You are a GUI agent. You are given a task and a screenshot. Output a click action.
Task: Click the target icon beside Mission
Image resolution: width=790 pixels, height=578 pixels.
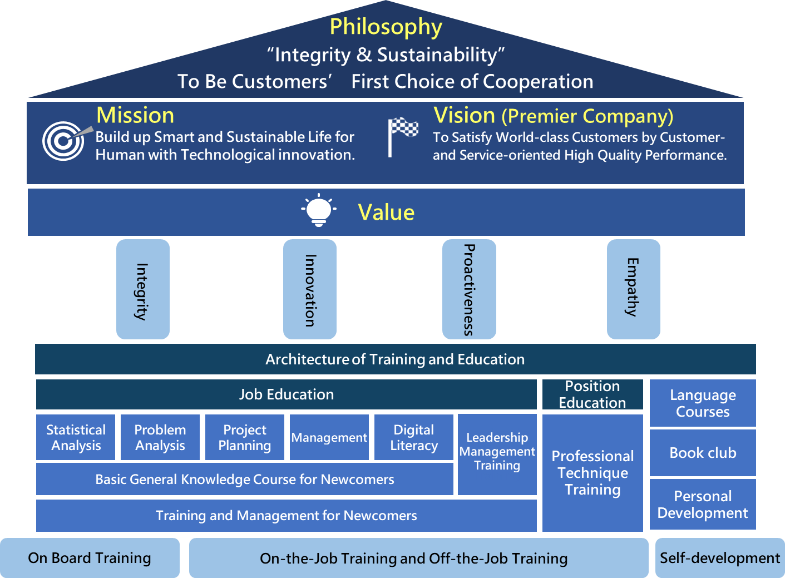63,141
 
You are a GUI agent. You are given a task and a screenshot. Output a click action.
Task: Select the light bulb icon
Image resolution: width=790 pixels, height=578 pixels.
319,210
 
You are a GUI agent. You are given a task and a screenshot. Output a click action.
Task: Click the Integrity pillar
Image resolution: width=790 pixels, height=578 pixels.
142,289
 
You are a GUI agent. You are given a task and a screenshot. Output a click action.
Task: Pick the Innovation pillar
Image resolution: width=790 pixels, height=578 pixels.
309,289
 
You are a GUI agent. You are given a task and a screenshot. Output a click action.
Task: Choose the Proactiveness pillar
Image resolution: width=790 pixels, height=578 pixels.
469,289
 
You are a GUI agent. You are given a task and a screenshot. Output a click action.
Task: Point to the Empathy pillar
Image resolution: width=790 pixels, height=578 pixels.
633,289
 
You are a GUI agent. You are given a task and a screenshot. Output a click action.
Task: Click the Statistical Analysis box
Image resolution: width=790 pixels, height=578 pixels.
76,437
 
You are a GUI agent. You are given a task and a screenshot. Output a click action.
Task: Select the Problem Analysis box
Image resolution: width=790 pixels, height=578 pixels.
160,437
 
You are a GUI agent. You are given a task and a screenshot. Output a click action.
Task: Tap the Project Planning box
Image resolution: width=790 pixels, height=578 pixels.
245,437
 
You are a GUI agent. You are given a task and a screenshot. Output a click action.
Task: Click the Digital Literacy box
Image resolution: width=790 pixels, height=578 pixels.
414,437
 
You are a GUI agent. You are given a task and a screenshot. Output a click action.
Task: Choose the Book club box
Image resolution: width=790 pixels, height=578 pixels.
703,453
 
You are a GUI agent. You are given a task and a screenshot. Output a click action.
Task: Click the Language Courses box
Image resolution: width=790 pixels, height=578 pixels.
703,403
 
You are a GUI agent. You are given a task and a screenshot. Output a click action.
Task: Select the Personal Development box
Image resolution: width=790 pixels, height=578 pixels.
703,505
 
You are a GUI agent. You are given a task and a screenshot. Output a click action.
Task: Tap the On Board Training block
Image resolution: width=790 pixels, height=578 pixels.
90,558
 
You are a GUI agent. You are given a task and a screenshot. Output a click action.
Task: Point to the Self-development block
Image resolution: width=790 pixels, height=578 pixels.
720,558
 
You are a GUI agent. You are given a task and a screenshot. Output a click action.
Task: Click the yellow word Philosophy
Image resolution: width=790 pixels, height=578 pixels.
386,27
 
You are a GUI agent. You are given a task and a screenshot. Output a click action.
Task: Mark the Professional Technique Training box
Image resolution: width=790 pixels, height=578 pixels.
592,473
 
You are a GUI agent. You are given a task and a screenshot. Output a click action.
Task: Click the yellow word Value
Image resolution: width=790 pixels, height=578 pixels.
386,213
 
